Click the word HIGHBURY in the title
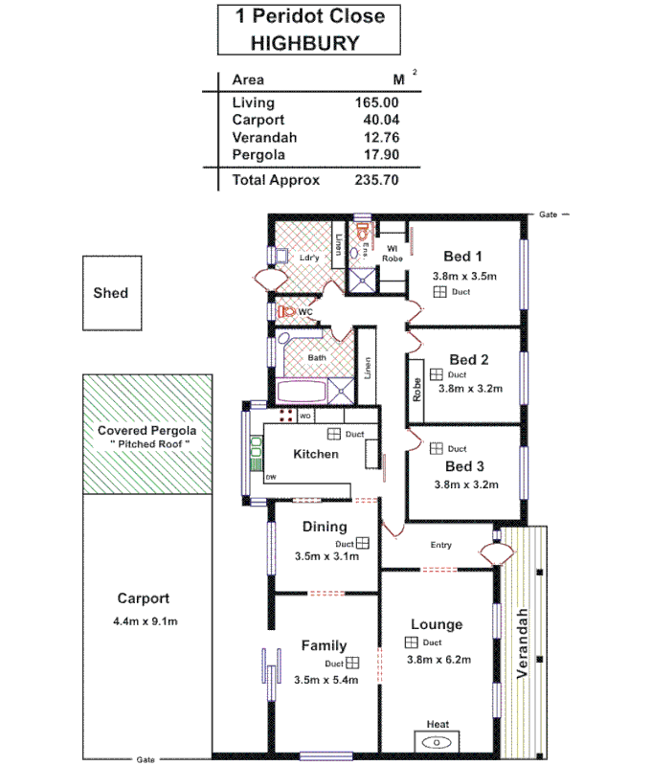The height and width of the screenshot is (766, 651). pos(304,42)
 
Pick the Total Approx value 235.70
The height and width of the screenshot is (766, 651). pos(376,179)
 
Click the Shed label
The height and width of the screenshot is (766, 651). pos(110,293)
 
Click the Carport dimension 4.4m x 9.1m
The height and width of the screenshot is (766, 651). pos(145,621)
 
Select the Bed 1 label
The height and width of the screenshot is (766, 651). pos(462,256)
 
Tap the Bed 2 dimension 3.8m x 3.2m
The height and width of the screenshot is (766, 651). pos(469,388)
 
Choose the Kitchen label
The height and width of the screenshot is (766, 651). pos(316,453)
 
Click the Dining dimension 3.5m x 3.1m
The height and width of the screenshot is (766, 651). pos(325,555)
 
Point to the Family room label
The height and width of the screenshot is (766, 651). pos(324,645)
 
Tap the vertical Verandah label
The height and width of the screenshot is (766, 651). pos(523,643)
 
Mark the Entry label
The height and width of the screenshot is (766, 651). pos(440,546)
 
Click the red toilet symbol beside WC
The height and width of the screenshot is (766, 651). pos(284,312)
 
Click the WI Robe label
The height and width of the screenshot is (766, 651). pos(393,252)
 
